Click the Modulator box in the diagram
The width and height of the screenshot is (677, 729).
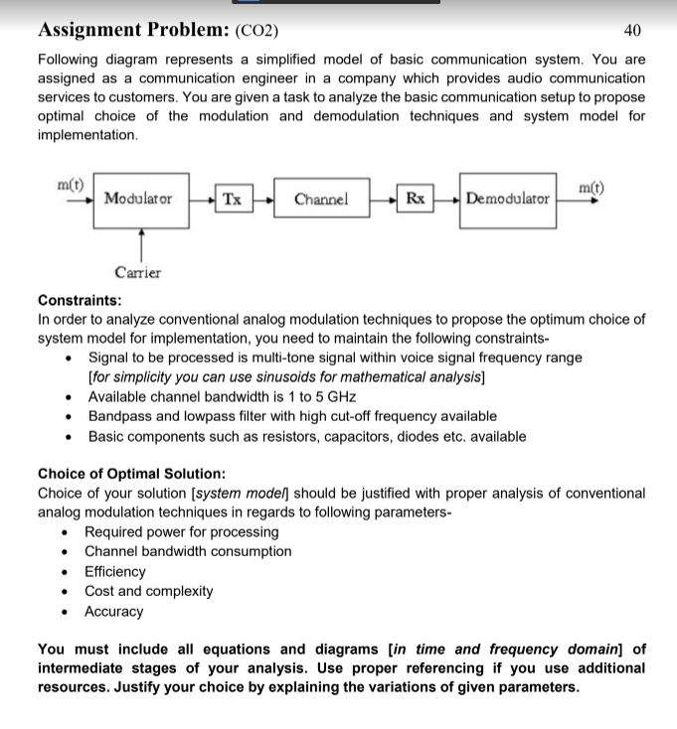(138, 199)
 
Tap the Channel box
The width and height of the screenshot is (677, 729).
(322, 199)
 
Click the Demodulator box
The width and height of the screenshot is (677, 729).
(508, 199)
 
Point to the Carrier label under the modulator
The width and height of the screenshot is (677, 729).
(138, 272)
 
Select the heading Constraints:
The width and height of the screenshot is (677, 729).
(80, 300)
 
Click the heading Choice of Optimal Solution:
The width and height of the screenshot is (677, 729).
(131, 473)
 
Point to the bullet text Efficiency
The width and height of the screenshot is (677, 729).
(114, 571)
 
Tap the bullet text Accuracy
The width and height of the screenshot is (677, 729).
(113, 612)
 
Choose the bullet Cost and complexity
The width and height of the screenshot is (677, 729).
(148, 591)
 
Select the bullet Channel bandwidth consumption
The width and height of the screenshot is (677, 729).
(188, 551)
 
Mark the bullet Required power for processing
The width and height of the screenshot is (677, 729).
(183, 531)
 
